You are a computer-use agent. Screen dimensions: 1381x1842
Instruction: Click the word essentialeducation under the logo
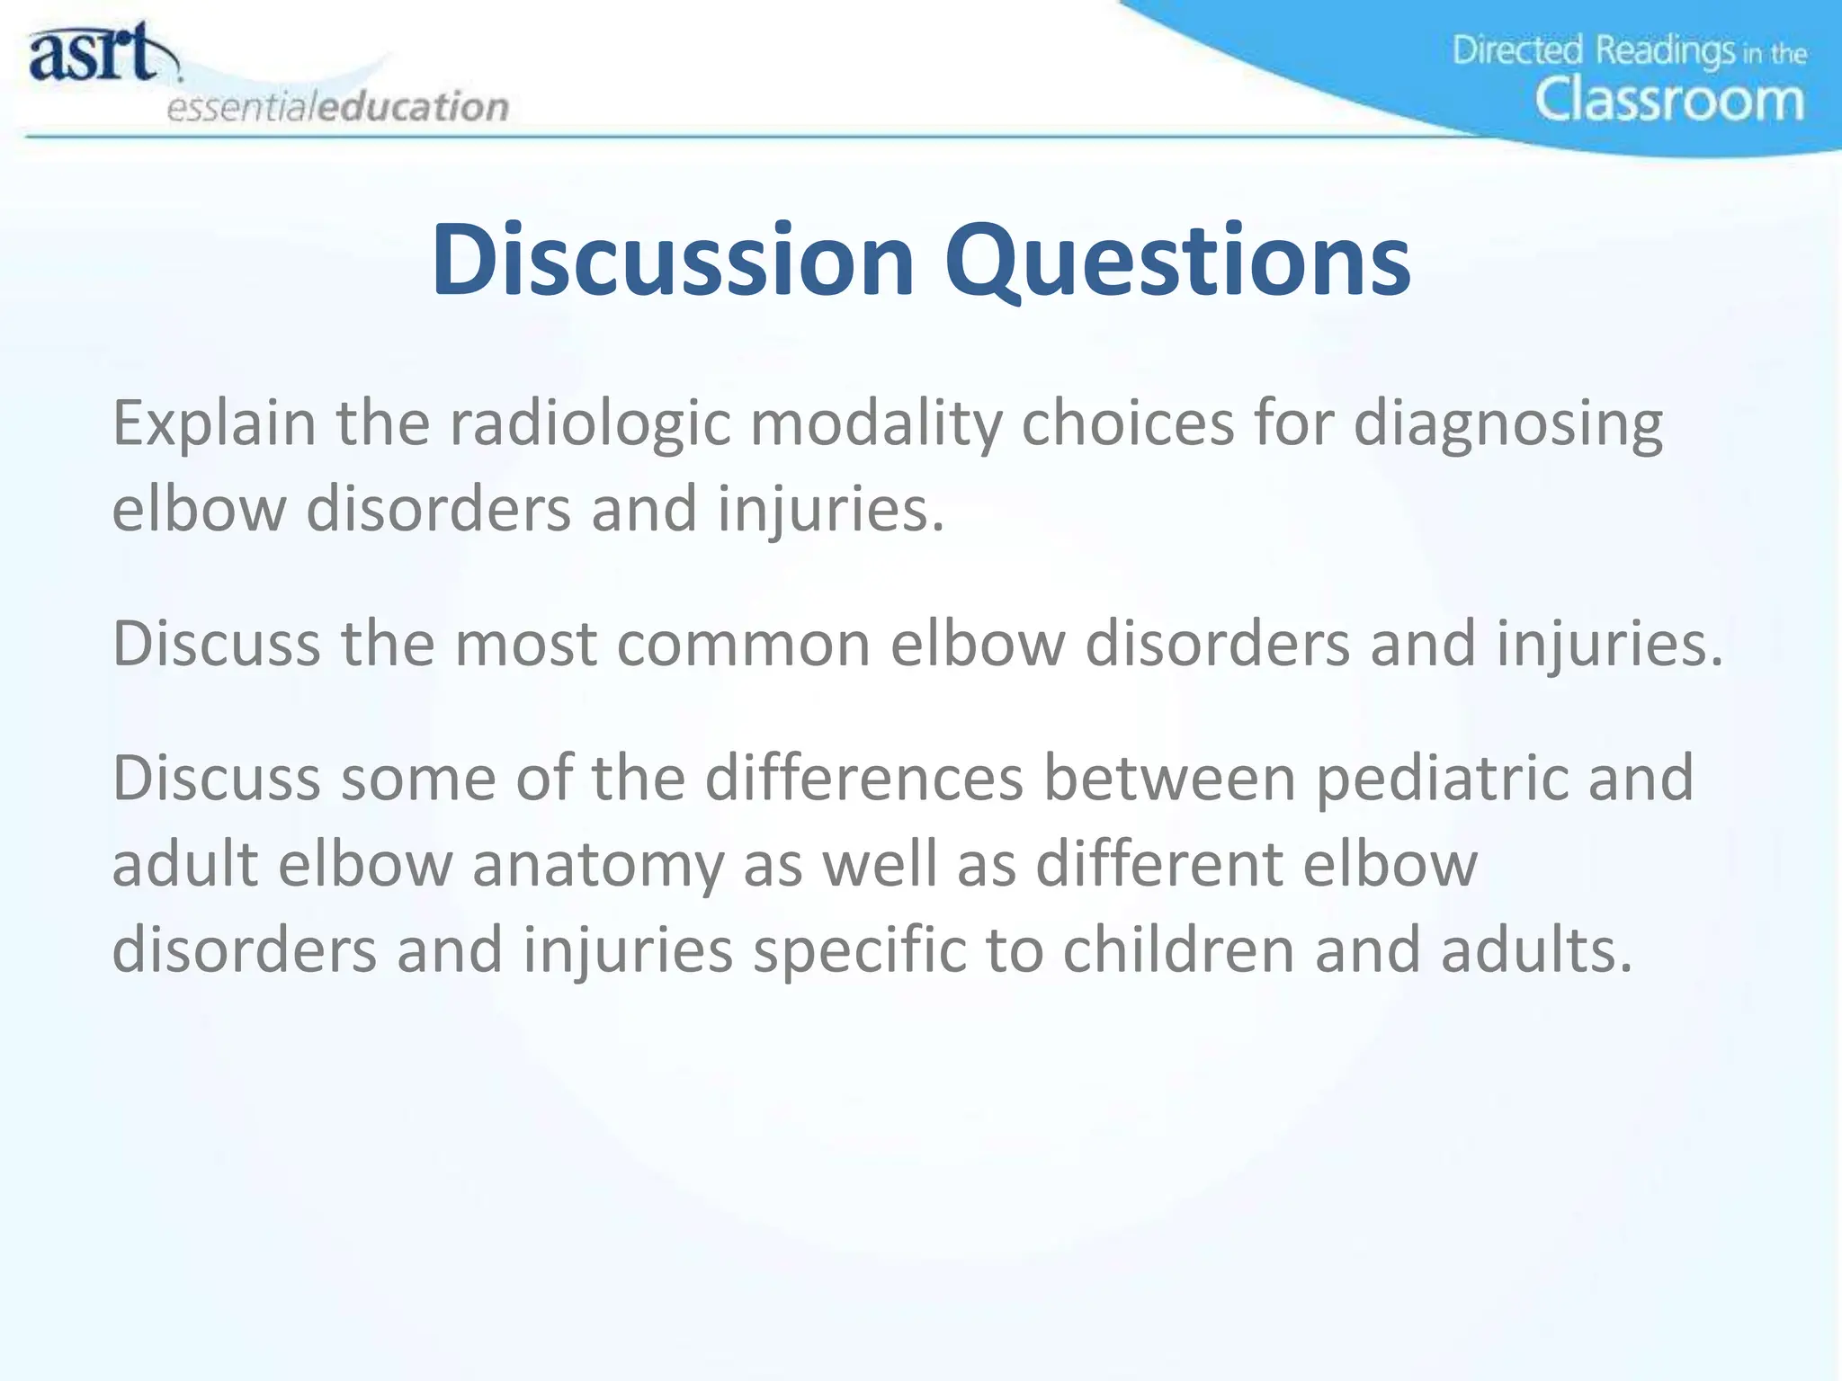[x=337, y=107]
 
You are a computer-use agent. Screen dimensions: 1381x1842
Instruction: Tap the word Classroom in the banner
[x=1668, y=100]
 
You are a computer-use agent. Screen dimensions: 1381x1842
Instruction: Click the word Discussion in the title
[x=672, y=260]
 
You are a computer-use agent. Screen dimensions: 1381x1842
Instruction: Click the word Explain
[x=213, y=423]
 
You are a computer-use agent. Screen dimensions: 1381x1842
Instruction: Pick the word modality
[x=875, y=423]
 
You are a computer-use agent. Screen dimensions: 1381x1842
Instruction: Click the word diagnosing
[x=1507, y=423]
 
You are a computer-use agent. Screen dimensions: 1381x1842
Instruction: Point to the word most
[x=525, y=644]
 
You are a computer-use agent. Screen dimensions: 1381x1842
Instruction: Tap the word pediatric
[x=1441, y=779]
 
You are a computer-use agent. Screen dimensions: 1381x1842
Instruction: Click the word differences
[x=863, y=779]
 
